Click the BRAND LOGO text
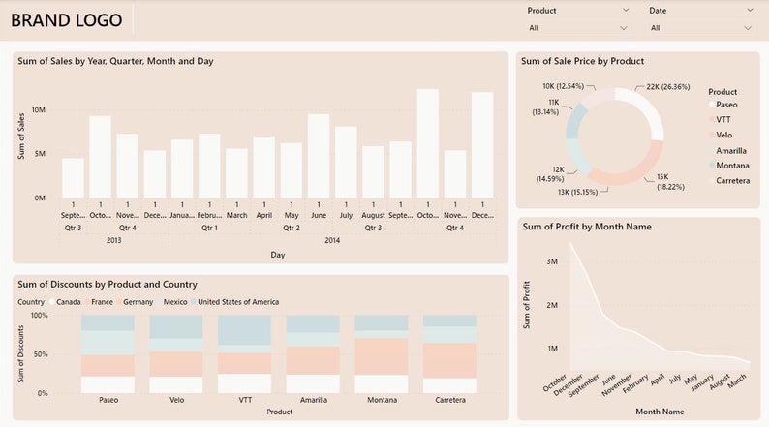(66, 19)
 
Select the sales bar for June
(319, 155)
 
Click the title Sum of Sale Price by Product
(582, 61)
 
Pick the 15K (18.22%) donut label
(669, 181)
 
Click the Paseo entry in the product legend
(725, 104)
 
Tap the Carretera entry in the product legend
(731, 181)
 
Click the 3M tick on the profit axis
(551, 262)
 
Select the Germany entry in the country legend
(138, 302)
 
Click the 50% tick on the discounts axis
(38, 354)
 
